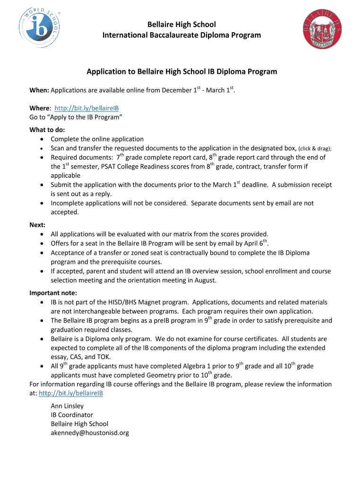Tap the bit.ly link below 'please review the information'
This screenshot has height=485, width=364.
click(x=71, y=393)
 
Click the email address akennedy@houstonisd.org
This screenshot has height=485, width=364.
click(x=90, y=432)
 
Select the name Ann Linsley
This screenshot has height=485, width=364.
click(x=67, y=405)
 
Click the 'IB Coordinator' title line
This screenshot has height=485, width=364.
click(x=72, y=414)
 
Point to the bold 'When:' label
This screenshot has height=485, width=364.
click(x=39, y=90)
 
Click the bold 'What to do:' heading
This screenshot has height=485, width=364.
click(x=47, y=130)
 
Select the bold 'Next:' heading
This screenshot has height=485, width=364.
click(x=38, y=225)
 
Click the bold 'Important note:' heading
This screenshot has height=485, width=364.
click(x=53, y=292)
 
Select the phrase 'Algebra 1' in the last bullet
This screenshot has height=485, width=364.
click(x=198, y=366)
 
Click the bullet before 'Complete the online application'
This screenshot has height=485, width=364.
click(x=43, y=139)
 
